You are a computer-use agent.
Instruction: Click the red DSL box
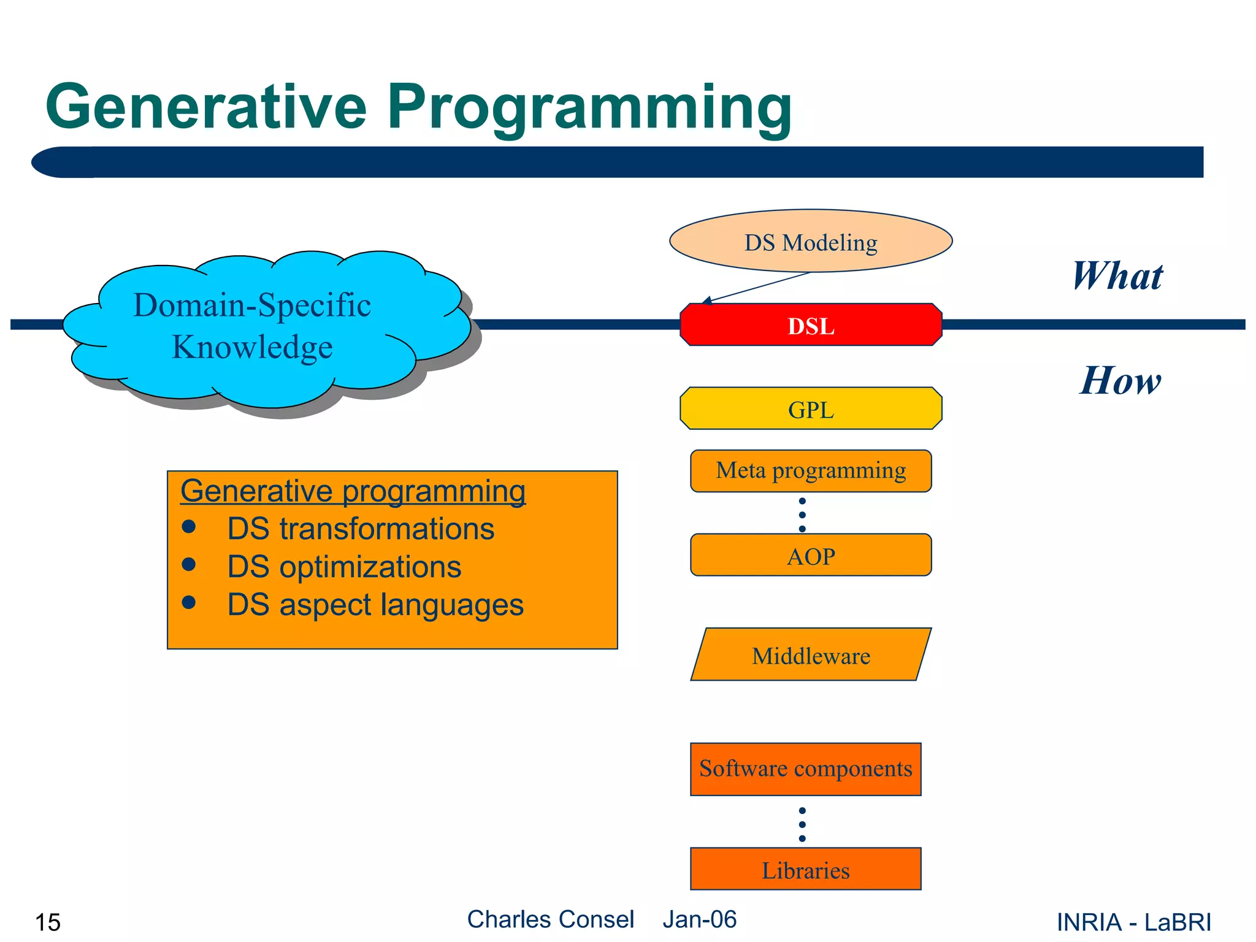pyautogui.click(x=811, y=325)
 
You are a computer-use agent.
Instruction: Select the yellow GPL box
pyautogui.click(x=811, y=409)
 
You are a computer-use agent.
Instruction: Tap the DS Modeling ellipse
pyautogui.click(x=811, y=242)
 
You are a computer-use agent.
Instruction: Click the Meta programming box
pyautogui.click(x=811, y=471)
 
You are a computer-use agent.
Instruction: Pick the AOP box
pyautogui.click(x=811, y=556)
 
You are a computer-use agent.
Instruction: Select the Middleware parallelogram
pyautogui.click(x=811, y=655)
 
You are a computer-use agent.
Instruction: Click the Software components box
pyautogui.click(x=805, y=769)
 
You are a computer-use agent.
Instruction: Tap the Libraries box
pyautogui.click(x=805, y=870)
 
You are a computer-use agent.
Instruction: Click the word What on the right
pyautogui.click(x=1117, y=276)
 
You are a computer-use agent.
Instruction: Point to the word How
pyautogui.click(x=1120, y=380)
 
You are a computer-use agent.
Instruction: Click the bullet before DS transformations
pyautogui.click(x=189, y=527)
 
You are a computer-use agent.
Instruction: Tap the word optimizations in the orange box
pyautogui.click(x=370, y=567)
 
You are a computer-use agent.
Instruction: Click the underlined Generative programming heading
pyautogui.click(x=353, y=491)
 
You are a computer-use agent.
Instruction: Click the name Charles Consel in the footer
pyautogui.click(x=550, y=919)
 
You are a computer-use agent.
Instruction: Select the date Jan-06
pyautogui.click(x=699, y=919)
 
